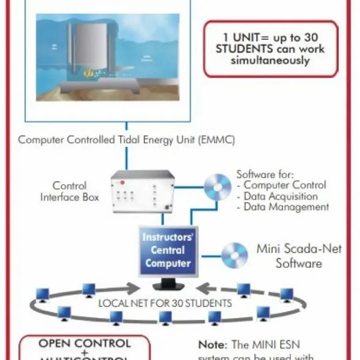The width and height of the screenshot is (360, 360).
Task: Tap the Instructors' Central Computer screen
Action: (x=168, y=250)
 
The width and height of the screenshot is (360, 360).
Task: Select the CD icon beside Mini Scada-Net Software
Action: (x=235, y=256)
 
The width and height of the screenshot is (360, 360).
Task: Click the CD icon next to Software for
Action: (x=217, y=187)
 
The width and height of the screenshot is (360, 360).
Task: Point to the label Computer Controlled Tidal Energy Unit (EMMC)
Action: (x=126, y=140)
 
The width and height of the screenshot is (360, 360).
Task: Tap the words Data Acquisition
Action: (x=280, y=196)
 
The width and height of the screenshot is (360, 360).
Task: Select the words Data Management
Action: (x=286, y=207)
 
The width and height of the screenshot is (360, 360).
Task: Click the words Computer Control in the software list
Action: (x=285, y=185)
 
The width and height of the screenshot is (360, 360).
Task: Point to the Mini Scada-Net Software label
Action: (x=299, y=256)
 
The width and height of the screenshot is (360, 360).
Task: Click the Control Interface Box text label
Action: (x=70, y=191)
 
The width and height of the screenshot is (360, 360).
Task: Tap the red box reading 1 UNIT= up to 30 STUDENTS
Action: (x=270, y=49)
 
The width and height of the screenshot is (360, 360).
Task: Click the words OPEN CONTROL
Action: (x=84, y=343)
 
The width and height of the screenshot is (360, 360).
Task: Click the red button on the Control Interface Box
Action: (x=122, y=182)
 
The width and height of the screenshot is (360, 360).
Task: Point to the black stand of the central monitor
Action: (x=168, y=285)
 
